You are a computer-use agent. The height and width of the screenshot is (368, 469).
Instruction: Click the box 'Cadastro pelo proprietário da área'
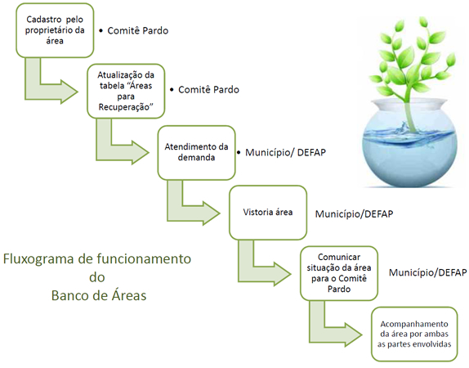(x=55, y=30)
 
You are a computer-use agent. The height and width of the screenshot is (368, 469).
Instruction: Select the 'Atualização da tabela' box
(x=126, y=91)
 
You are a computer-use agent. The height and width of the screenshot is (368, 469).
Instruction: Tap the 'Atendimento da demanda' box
(x=197, y=152)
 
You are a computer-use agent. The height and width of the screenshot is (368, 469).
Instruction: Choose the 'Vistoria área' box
(x=268, y=213)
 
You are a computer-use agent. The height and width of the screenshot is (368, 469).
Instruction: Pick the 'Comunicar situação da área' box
(x=339, y=273)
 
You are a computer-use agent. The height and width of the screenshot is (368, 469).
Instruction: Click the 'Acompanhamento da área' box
(x=414, y=334)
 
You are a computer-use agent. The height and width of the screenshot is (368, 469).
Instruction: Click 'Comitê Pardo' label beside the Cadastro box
(x=137, y=30)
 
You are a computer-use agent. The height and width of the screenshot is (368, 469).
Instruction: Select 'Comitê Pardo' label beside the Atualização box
(x=208, y=89)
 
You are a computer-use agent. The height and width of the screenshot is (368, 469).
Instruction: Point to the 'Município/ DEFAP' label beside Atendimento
(x=285, y=152)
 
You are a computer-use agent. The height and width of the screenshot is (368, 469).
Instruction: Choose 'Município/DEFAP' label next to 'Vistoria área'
(x=354, y=214)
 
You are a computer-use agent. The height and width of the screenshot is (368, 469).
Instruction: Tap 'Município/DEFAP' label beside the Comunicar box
(x=427, y=272)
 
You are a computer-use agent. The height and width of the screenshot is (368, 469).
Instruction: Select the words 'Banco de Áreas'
(x=99, y=295)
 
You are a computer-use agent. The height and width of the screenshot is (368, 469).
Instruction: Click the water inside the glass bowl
(x=410, y=159)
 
